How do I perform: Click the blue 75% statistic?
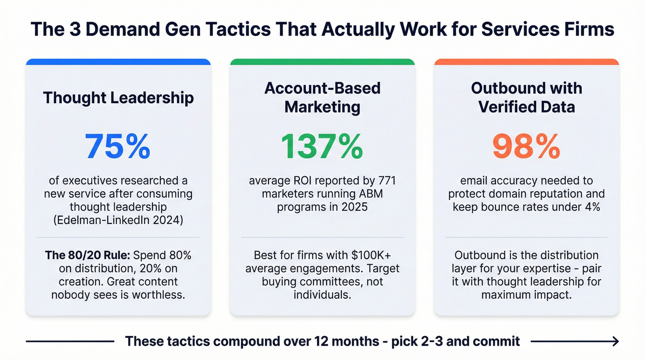point(118,146)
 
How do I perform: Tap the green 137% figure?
point(322,146)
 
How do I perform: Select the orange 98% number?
point(526,146)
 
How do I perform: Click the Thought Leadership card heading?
point(118,98)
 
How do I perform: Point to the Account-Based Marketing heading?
point(322,97)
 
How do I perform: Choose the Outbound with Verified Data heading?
point(526,97)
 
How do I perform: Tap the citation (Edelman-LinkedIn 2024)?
point(118,220)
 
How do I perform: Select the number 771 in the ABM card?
point(385,181)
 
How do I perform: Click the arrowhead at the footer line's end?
point(615,342)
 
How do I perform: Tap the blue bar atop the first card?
point(118,62)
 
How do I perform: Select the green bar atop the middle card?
point(322,62)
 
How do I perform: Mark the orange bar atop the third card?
point(526,62)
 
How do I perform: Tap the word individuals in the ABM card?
point(322,295)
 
